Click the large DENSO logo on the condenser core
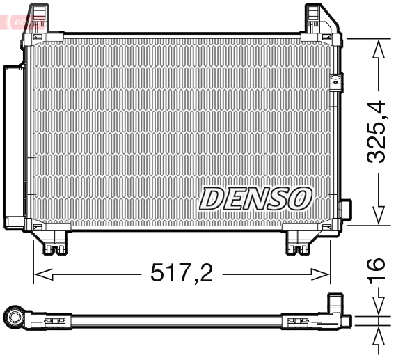tap(255, 198)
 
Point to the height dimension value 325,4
tap(377, 132)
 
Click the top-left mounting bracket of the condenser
tap(40, 17)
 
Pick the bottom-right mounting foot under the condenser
tap(301, 243)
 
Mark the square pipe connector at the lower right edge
tap(345, 211)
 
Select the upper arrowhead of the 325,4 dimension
tap(378, 49)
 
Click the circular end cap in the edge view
tap(13, 319)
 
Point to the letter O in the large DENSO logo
tap(299, 198)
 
